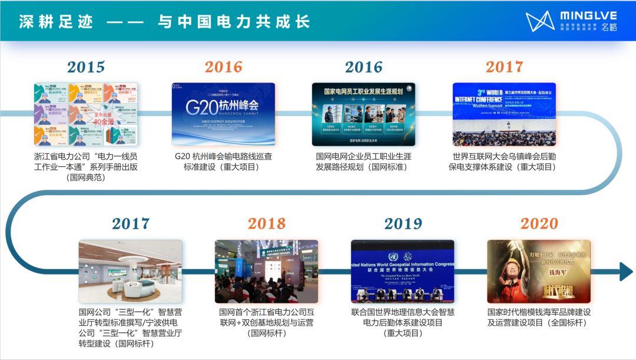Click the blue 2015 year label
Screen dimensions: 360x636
(x=85, y=67)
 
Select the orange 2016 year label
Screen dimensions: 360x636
(x=224, y=67)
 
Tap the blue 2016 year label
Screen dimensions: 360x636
(x=363, y=67)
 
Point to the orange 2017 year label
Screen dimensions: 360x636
(x=504, y=67)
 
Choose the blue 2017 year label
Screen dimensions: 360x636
(x=131, y=224)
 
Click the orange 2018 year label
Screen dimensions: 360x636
(x=266, y=224)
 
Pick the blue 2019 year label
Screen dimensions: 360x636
(x=403, y=224)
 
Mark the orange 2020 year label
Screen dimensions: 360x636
(x=539, y=224)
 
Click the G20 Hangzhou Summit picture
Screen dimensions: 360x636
(x=224, y=114)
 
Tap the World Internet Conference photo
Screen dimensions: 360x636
(x=504, y=114)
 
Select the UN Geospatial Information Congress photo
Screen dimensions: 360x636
(x=403, y=271)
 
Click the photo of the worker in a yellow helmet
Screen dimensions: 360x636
(x=539, y=271)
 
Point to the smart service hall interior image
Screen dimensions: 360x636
(x=131, y=271)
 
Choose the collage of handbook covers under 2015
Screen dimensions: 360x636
(x=85, y=114)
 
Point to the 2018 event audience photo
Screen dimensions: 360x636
(x=266, y=271)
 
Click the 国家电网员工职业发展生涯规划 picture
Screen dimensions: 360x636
(x=363, y=114)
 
